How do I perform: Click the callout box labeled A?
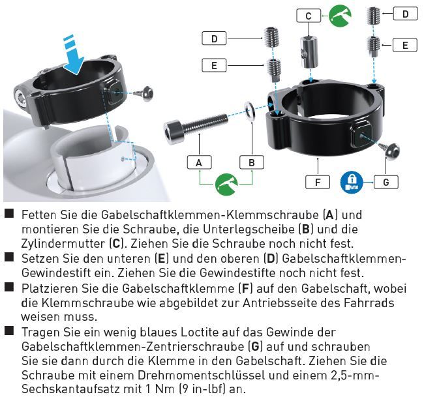(200, 162)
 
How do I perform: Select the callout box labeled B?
(252, 162)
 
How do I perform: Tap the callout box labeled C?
(309, 16)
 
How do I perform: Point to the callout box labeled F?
(318, 182)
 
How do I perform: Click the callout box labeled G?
(386, 182)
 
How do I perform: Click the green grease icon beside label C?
(340, 16)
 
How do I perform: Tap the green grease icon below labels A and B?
(226, 185)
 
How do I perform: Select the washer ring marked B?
(250, 110)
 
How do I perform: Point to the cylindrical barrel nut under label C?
(309, 52)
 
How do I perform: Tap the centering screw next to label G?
(389, 151)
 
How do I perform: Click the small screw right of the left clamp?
(145, 93)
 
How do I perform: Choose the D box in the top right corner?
(405, 14)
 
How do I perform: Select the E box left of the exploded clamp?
(214, 65)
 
